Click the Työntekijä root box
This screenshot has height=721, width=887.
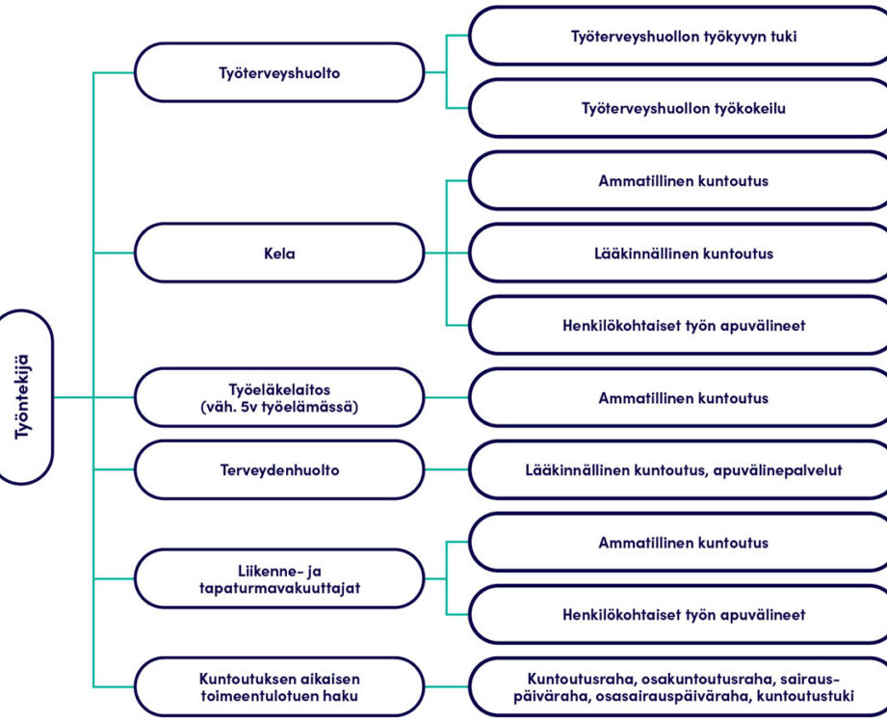coord(25,397)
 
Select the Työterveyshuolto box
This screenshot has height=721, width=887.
coord(279,72)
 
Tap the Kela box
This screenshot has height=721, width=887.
coord(279,253)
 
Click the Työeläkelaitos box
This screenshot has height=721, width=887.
coord(279,397)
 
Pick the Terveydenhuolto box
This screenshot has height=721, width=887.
coord(279,469)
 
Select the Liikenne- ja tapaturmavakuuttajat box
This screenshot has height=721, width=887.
coord(279,578)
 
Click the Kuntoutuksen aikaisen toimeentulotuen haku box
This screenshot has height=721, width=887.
coord(279,686)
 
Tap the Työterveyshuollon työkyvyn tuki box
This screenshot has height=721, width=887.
coord(679,36)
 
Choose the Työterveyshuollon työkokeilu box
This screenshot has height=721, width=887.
coord(679,108)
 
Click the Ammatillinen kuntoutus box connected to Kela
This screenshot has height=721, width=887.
coord(679,180)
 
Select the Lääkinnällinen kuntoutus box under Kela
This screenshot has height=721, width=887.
coord(679,253)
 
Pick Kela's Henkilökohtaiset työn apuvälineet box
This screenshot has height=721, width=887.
coord(679,325)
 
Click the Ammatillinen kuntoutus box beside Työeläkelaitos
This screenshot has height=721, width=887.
coord(679,397)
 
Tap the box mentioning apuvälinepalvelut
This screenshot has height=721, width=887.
coord(679,469)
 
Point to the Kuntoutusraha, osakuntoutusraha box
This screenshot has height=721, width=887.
coord(679,686)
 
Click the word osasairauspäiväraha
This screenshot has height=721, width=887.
coord(671,696)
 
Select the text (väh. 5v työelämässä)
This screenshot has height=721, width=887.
coord(279,407)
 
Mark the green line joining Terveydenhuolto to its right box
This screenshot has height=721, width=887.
coord(447,469)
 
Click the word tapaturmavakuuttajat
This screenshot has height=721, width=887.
coord(279,588)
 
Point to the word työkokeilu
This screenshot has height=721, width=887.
coord(750,108)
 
